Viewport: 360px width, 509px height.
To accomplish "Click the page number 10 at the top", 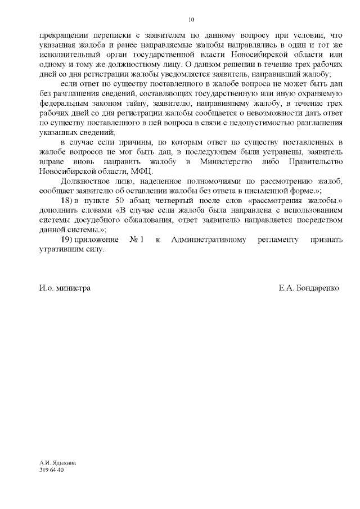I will (191, 20).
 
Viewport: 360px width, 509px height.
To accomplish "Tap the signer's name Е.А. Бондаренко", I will (309, 287).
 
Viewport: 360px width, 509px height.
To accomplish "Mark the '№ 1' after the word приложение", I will (137, 240).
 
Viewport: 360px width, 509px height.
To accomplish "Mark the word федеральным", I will (62, 103).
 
